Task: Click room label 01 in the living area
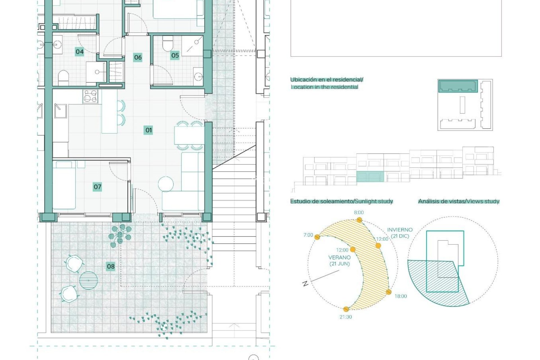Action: (148, 130)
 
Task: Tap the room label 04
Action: (80, 52)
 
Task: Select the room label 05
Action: (175, 55)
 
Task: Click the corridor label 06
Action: (138, 57)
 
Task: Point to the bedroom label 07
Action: (97, 187)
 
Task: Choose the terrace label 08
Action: (111, 266)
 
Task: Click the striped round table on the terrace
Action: (88, 280)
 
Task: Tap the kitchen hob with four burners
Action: (90, 96)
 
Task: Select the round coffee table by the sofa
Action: (166, 184)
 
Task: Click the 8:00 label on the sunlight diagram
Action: (359, 212)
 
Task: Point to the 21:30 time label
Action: (346, 317)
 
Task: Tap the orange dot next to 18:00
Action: (389, 292)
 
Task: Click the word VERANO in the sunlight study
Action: (339, 257)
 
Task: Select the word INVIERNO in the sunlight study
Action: (400, 230)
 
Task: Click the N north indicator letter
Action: (305, 283)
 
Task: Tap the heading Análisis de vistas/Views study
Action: (458, 201)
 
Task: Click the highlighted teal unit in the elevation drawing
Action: (370, 177)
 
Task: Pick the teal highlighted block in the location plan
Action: (458, 86)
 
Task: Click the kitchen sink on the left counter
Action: (61, 111)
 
